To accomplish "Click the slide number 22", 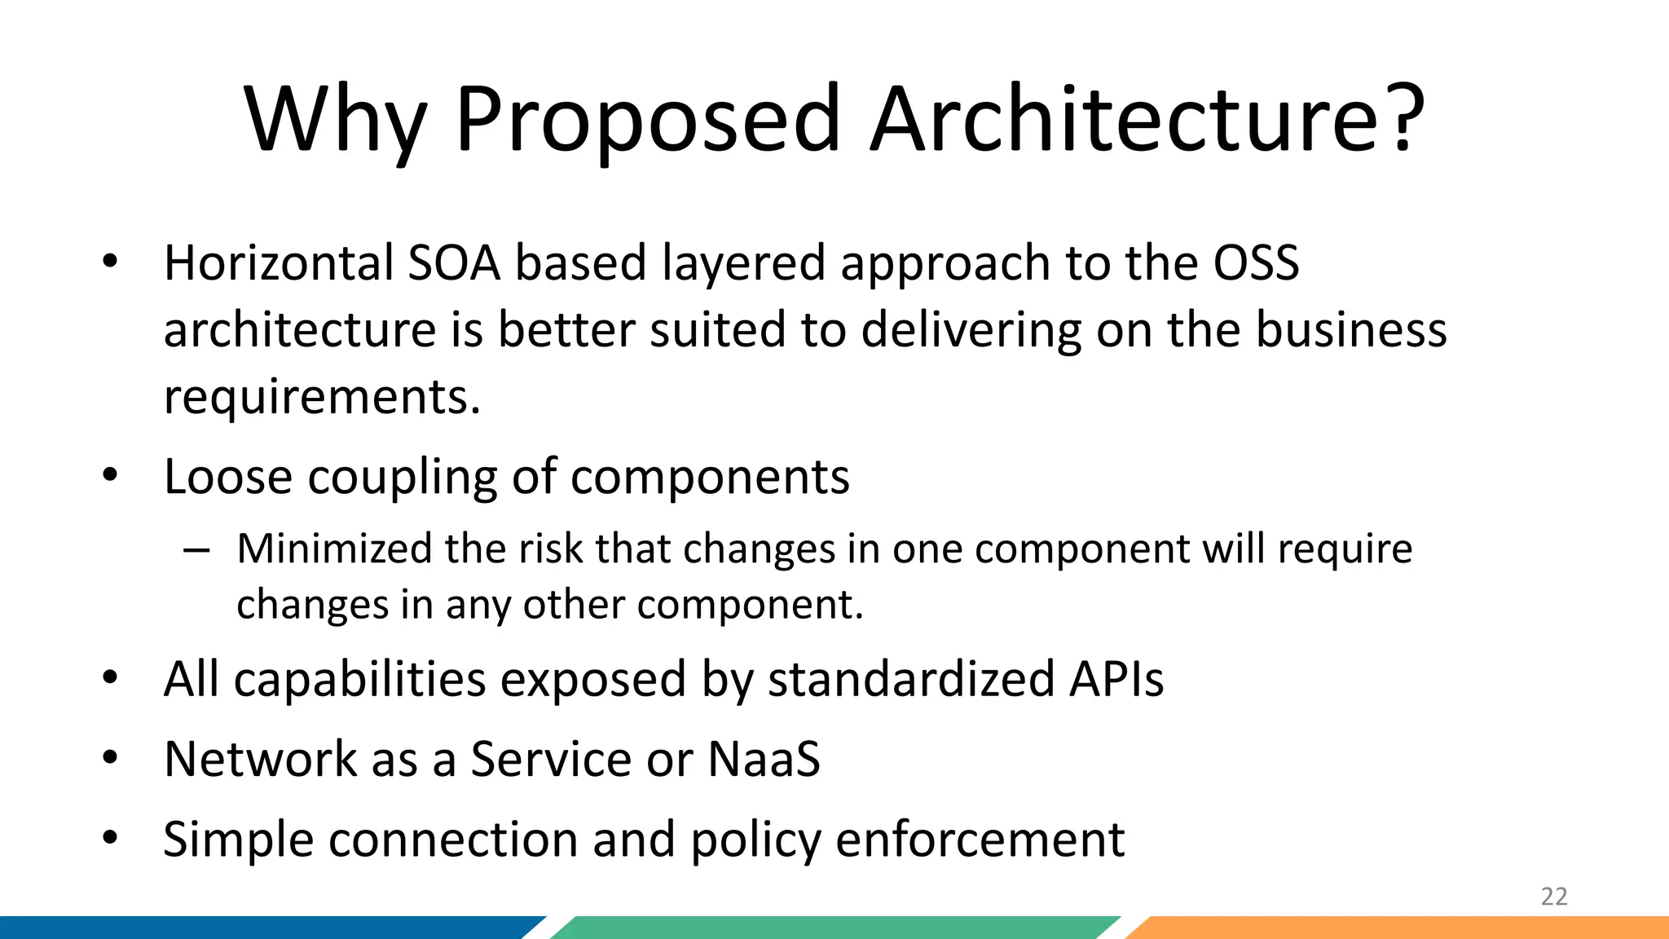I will tap(1553, 897).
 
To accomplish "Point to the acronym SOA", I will tap(453, 263).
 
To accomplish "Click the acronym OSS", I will tap(1256, 263).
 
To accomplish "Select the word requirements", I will tap(322, 398).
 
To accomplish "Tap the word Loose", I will tap(227, 477).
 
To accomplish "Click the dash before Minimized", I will tap(196, 551).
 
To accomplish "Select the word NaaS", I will tap(764, 760).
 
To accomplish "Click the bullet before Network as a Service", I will tap(111, 759).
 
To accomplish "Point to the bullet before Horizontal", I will tap(111, 262).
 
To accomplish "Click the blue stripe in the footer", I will tap(261, 928).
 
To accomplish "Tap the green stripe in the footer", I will tap(831, 928).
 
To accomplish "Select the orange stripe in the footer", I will tap(1402, 928).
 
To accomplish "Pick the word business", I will tap(1350, 330).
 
